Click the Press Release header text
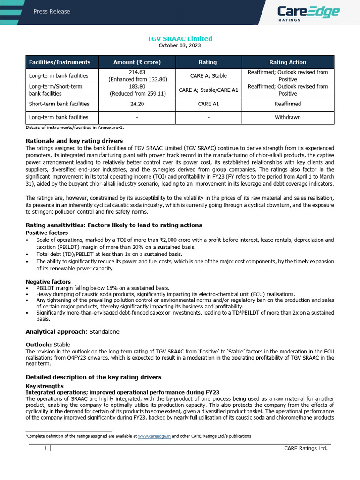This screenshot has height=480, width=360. (52, 12)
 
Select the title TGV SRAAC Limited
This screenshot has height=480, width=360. (180, 38)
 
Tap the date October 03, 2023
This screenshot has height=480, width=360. (180, 45)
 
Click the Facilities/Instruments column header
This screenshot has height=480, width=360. (60, 62)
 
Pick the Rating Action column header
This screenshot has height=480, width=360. (287, 62)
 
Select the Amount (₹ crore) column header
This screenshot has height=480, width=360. (137, 62)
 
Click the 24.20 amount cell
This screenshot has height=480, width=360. (137, 104)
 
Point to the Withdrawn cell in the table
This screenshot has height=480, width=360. (287, 117)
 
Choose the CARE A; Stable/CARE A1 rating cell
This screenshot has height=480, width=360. (208, 90)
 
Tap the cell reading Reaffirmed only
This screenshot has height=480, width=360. (287, 104)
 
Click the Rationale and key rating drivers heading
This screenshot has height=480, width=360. (74, 141)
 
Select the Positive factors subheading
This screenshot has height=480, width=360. (46, 232)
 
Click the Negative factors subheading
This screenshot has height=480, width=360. (48, 281)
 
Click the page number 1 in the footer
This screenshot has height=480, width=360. (45, 449)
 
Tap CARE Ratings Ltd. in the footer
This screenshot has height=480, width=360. (306, 449)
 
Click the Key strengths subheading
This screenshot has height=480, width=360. (44, 386)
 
